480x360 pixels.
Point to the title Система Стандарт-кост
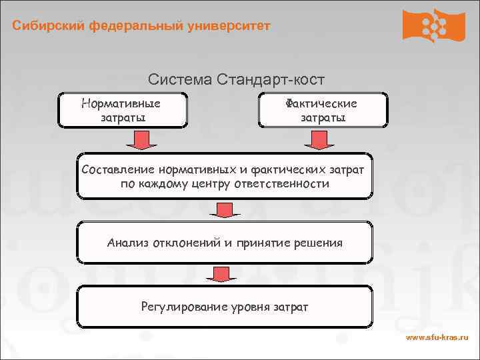(x=236, y=80)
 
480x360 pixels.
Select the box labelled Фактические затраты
(x=322, y=110)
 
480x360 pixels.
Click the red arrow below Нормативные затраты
(x=139, y=140)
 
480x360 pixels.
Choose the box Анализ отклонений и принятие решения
(x=225, y=243)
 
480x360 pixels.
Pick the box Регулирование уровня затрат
(x=225, y=307)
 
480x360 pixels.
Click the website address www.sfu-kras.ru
(x=437, y=338)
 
